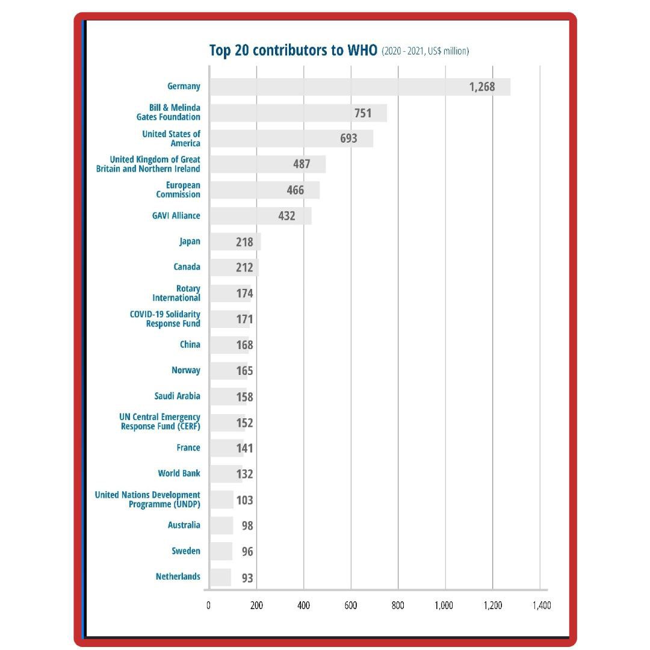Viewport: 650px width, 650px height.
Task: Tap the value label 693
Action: point(348,138)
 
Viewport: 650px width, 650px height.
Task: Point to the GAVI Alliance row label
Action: point(176,215)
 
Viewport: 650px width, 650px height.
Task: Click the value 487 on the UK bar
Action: point(301,164)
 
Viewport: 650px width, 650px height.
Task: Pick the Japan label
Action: point(190,241)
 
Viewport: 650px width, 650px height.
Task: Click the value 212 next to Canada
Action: point(244,267)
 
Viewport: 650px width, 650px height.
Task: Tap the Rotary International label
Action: point(176,293)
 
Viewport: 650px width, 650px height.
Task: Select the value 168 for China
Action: point(244,345)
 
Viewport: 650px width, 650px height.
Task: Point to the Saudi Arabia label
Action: point(177,396)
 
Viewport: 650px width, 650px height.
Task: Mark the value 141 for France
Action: point(244,448)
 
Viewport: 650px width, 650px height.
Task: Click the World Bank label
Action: point(179,474)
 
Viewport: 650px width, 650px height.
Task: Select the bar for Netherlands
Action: point(220,577)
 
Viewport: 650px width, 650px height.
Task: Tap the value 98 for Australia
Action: point(247,526)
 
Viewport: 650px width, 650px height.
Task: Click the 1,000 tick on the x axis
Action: point(444,605)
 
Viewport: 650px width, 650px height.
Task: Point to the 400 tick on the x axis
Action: point(303,605)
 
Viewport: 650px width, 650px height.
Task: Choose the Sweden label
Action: point(186,551)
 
